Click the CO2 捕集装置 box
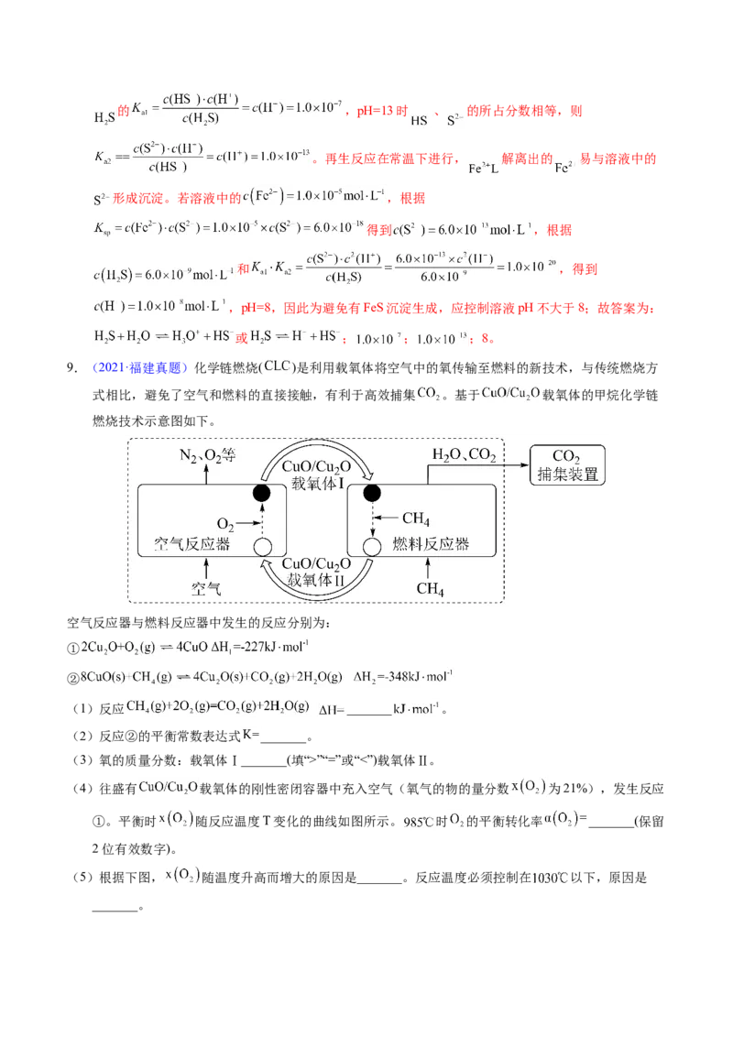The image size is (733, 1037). (567, 464)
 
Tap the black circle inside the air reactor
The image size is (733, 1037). (262, 494)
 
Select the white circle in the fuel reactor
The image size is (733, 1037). (372, 547)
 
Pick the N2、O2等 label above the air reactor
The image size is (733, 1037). (206, 456)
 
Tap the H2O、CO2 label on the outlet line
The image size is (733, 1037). (464, 455)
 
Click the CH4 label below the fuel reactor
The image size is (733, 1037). (430, 589)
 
